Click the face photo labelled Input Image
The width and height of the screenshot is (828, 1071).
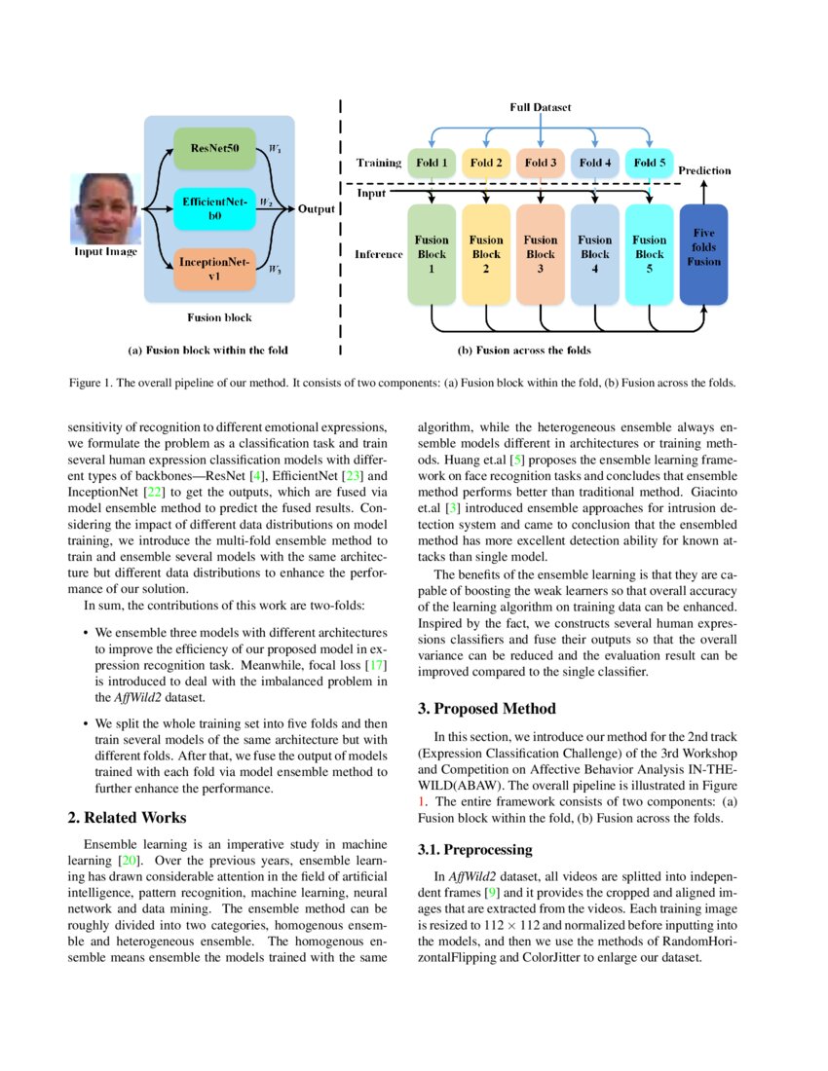[105, 208]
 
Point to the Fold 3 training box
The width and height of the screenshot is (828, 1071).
[538, 164]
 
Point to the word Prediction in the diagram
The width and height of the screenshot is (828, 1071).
[704, 170]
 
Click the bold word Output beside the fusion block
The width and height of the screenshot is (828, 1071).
[317, 209]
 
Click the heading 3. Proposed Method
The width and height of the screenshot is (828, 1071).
[486, 708]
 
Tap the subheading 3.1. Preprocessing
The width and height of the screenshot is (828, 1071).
[474, 849]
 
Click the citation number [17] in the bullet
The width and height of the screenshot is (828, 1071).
[376, 664]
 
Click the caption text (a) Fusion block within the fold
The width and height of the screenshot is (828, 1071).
[207, 350]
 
